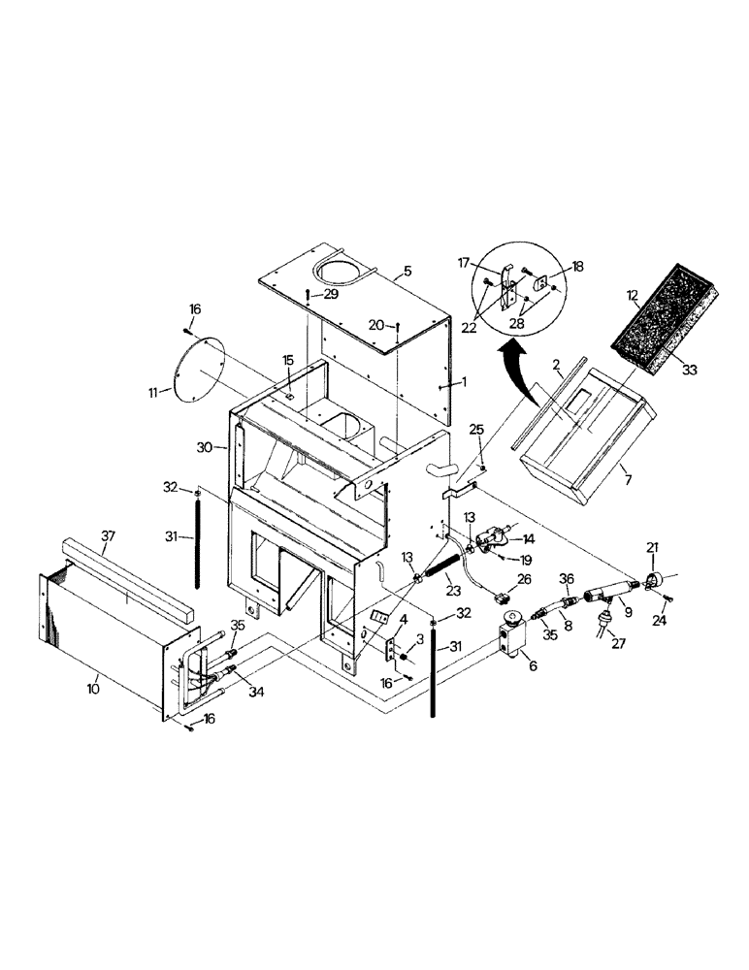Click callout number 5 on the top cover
407,272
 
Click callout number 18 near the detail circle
577,264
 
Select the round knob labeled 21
652,582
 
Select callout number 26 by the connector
524,580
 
